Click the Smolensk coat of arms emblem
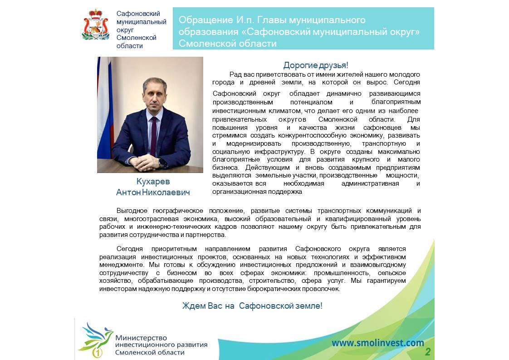(95, 25)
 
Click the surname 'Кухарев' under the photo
(153, 182)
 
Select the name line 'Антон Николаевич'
(153, 192)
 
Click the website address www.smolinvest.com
(377, 343)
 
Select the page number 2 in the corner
(427, 352)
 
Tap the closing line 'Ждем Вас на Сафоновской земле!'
(252, 306)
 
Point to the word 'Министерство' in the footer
(141, 338)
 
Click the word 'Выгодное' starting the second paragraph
(132, 211)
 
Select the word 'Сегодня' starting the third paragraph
(130, 249)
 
